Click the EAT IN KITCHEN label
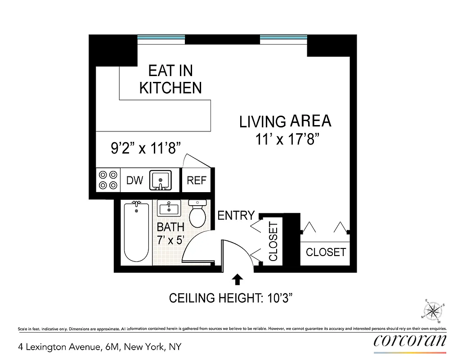click(x=170, y=79)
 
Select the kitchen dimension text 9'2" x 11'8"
click(x=146, y=147)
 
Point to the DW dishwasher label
click(x=134, y=180)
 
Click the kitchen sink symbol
click(x=161, y=180)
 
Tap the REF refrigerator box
click(x=197, y=180)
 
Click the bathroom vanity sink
click(x=169, y=208)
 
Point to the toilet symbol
click(x=197, y=213)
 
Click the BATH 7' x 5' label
click(x=170, y=234)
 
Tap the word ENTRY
click(x=236, y=216)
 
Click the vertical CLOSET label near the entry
click(x=273, y=242)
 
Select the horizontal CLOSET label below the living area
click(x=326, y=252)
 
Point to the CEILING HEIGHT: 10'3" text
click(x=232, y=298)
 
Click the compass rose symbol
click(x=433, y=310)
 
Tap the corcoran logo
click(x=410, y=341)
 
